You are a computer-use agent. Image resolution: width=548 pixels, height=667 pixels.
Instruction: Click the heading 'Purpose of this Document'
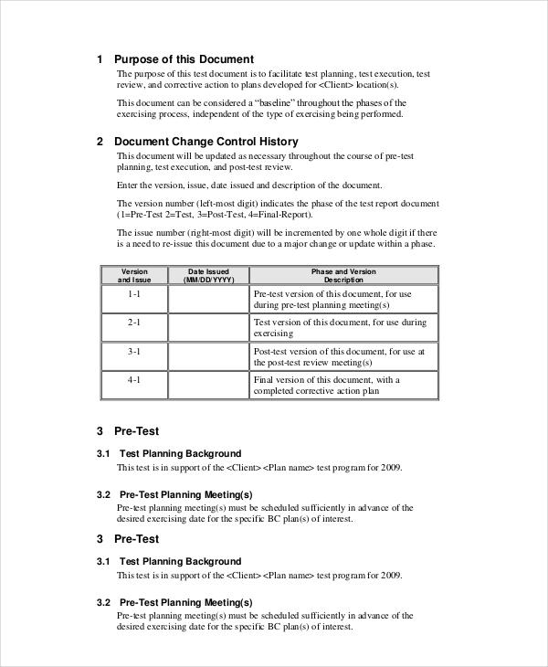pyautogui.click(x=184, y=59)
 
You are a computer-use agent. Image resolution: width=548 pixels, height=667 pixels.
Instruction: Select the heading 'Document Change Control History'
pyautogui.click(x=205, y=142)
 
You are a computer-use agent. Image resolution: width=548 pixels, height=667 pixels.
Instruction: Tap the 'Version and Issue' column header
pyautogui.click(x=134, y=275)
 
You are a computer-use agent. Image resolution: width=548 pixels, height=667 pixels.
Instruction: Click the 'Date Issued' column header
pyautogui.click(x=208, y=275)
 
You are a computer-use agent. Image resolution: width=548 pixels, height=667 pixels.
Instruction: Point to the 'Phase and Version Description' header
pyautogui.click(x=342, y=275)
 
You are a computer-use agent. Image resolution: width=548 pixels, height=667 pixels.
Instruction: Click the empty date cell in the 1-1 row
pyautogui.click(x=208, y=300)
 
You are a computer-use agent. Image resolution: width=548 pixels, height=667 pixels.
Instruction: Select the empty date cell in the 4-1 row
pyautogui.click(x=208, y=385)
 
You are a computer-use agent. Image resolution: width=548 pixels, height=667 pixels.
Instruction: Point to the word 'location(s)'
pyautogui.click(x=379, y=84)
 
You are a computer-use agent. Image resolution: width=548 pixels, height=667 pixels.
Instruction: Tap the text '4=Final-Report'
pyautogui.click(x=280, y=215)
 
